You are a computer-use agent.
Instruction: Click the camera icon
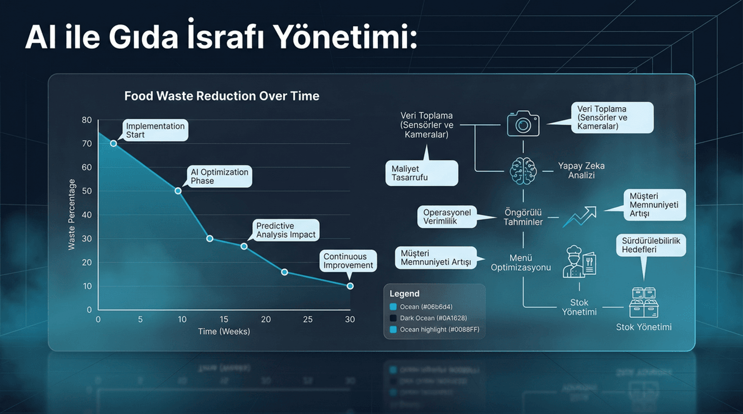click(x=523, y=124)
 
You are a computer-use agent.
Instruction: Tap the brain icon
click(x=523, y=171)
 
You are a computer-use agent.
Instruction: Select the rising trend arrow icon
click(x=579, y=217)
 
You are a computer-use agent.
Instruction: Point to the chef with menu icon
click(x=579, y=262)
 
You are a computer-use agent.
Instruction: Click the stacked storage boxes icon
click(x=644, y=302)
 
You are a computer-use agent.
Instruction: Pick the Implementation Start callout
click(x=155, y=130)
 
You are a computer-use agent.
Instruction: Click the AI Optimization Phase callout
click(x=219, y=176)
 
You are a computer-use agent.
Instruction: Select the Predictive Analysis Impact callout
click(x=286, y=230)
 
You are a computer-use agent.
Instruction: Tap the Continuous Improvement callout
click(x=348, y=261)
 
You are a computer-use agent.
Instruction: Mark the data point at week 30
click(x=350, y=286)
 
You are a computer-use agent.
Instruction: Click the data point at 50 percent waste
click(x=178, y=191)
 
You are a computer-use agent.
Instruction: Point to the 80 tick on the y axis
click(x=87, y=120)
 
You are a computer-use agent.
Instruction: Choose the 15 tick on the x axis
click(x=224, y=319)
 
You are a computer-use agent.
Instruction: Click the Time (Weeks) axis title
click(x=224, y=332)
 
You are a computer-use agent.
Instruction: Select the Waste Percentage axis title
click(x=72, y=214)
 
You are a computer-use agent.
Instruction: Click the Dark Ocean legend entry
click(x=433, y=318)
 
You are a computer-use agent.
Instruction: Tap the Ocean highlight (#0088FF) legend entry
click(x=439, y=330)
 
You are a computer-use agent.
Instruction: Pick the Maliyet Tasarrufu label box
click(x=421, y=173)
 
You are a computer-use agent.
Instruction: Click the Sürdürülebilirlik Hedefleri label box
click(x=651, y=245)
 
